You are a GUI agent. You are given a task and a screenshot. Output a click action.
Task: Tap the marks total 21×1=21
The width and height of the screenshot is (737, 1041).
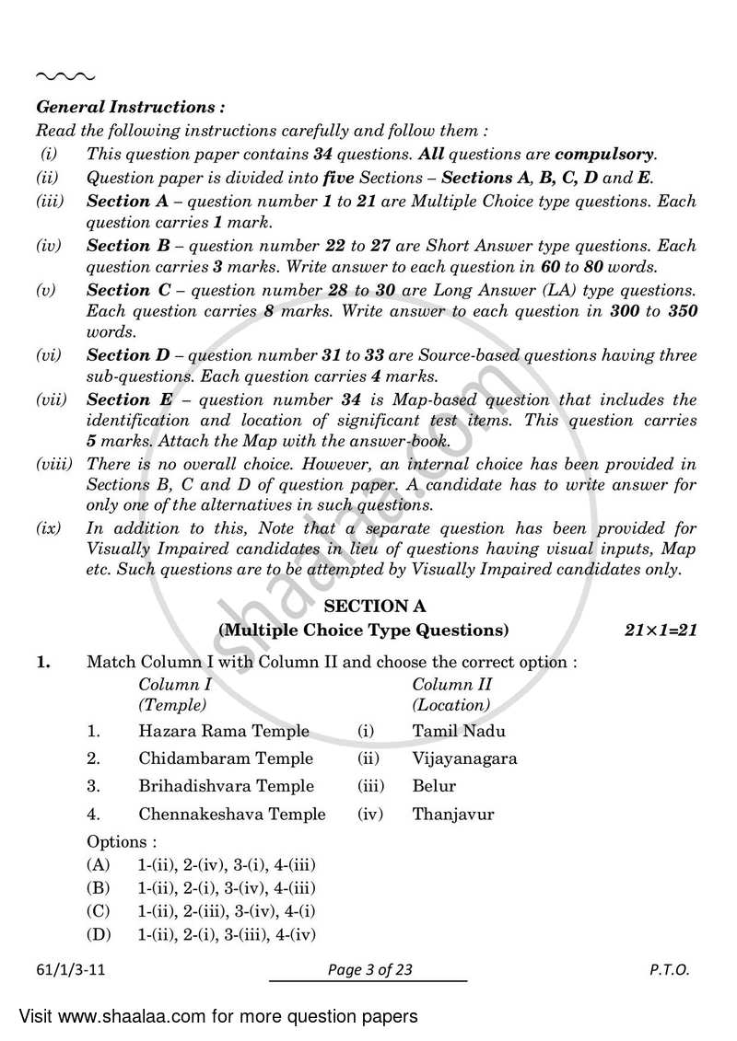coord(661,630)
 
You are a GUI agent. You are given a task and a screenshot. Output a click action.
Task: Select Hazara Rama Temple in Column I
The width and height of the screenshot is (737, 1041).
coord(224,732)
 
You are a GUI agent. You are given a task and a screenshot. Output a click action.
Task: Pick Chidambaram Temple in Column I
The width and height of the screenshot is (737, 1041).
coord(226,758)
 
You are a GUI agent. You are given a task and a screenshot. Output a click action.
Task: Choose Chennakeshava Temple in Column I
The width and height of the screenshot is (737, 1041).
coord(231,814)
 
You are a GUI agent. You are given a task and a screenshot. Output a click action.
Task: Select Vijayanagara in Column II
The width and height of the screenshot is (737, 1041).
coord(464,758)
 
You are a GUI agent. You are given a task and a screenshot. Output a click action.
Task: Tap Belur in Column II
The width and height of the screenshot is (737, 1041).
coord(434,786)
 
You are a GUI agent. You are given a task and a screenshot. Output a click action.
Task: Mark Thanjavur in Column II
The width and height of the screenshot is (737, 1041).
coord(453,814)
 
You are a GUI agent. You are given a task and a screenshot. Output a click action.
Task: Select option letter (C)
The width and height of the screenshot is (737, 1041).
coord(98,911)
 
